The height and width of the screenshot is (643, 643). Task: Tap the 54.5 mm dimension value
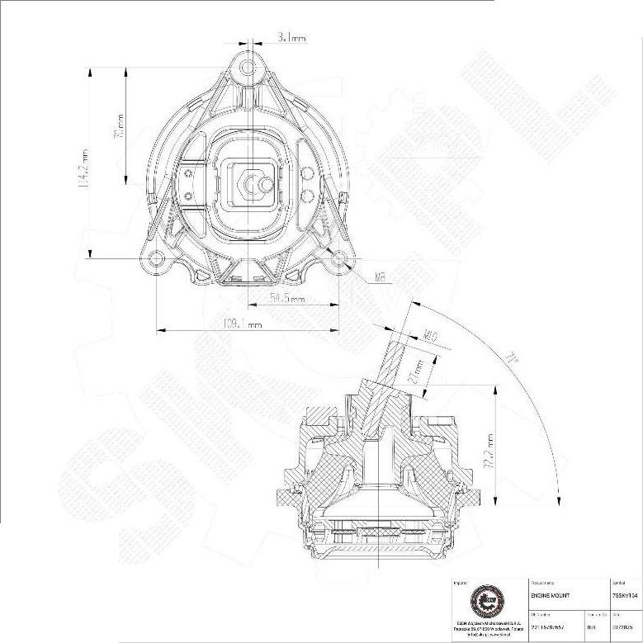tap(289, 299)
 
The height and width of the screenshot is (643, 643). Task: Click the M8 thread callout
tap(381, 277)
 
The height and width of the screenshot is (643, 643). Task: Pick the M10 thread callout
tap(430, 336)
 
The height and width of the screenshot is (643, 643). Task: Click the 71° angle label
tap(513, 359)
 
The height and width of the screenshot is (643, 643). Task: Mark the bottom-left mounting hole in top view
tap(157, 259)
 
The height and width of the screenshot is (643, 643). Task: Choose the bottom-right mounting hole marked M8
tap(338, 259)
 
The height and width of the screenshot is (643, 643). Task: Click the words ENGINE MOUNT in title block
tap(549, 594)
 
